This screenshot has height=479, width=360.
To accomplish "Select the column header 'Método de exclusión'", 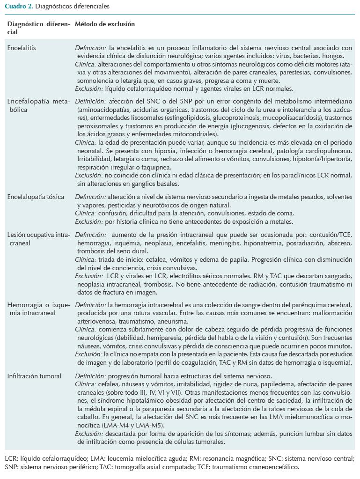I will pos(104,24).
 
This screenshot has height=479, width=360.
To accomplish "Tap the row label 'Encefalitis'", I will pos(22,48).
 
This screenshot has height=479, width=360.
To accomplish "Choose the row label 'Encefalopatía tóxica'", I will pos(36,197).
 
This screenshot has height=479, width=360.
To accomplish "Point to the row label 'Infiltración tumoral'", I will pos(35,376).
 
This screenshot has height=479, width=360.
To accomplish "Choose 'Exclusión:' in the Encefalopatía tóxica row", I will pos(89,221).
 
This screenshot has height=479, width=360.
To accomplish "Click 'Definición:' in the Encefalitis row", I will pos(91,48).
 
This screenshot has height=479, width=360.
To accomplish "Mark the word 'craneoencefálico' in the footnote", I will pos(273,467).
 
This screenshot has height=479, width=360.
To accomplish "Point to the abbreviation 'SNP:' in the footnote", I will pos(12,467).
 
